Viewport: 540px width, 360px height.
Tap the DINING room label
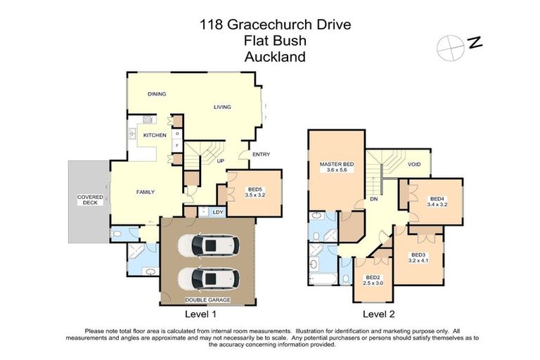tap(156, 94)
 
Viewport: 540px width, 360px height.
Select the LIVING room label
tap(223, 107)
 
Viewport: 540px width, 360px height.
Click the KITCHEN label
tap(155, 135)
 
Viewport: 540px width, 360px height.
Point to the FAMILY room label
tap(145, 192)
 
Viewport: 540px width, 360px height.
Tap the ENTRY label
tap(261, 155)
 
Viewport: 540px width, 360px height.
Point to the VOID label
tap(415, 165)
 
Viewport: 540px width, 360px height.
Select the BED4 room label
tap(437, 198)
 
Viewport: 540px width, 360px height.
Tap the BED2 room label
tap(373, 278)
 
